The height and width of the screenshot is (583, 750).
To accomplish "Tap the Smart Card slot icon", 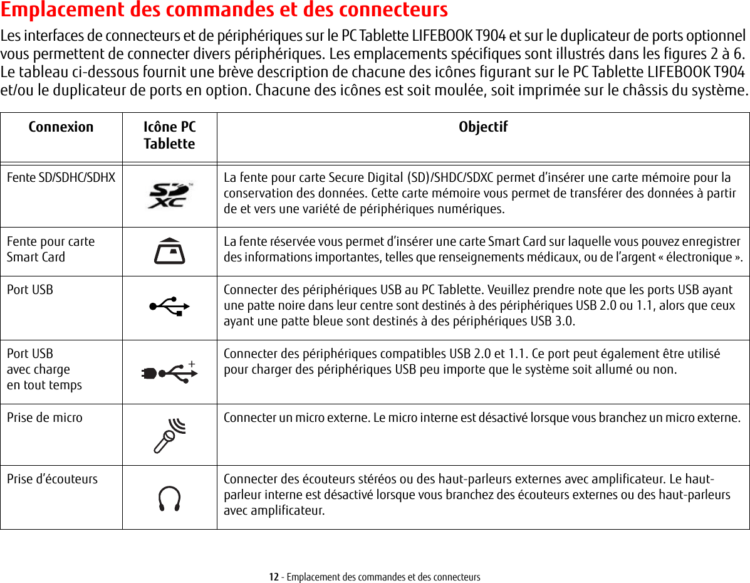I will pos(169,251).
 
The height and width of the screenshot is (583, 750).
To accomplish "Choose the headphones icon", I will pos(169,498).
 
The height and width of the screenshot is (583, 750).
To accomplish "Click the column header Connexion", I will pos(61,127).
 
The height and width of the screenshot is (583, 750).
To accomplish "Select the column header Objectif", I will pos(483,127).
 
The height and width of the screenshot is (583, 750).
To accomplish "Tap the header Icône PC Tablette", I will pos(169,135).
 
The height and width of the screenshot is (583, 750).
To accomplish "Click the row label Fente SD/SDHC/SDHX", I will pos(61,177).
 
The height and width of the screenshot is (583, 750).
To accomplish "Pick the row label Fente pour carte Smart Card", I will pos(51,249).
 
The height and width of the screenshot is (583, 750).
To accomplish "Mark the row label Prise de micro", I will pos(44,417).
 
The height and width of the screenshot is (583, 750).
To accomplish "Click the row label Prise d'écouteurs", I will pos(52,479).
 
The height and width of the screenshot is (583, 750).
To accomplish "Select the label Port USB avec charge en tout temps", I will pos(44,369).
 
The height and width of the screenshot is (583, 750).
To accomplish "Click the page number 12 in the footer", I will pos(274,577).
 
